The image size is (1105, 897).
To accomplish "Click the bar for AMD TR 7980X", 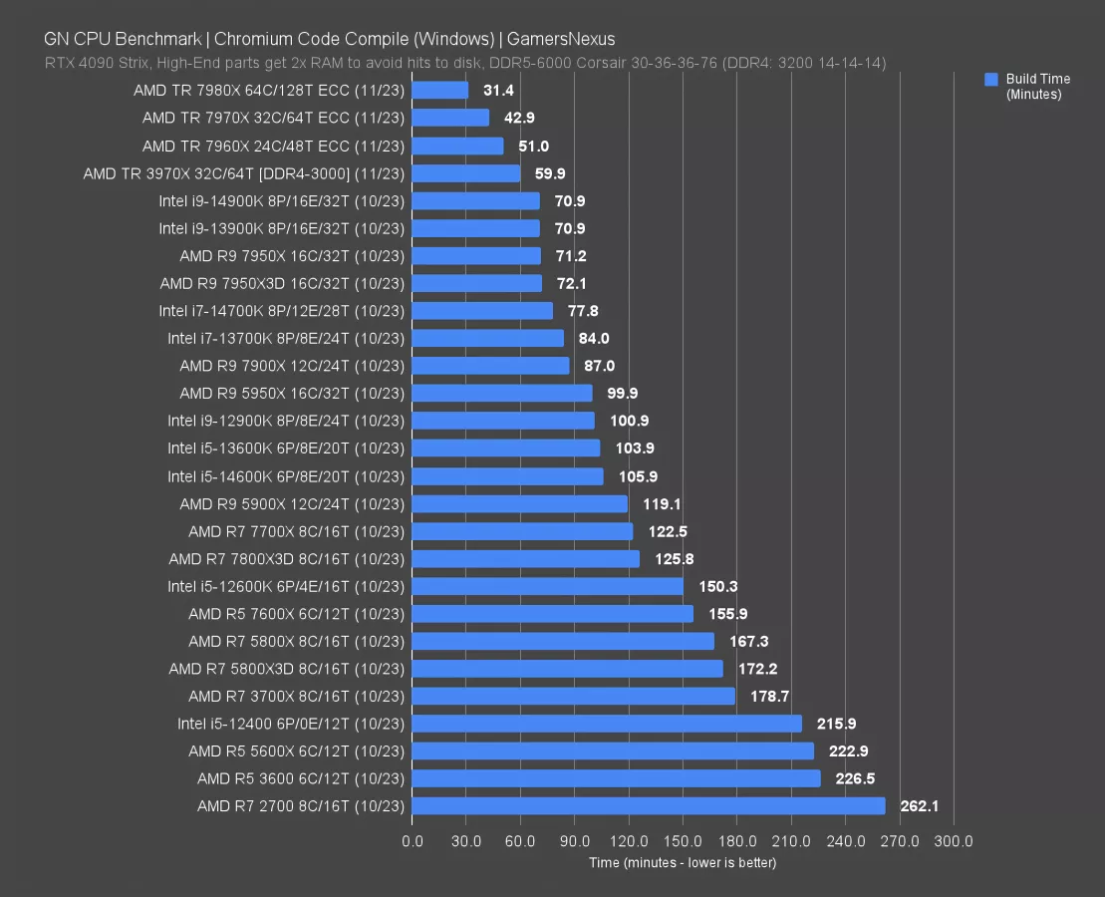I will click(439, 91).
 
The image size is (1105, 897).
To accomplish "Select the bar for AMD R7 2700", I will click(648, 805).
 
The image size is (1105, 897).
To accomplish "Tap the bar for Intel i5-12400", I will click(606, 724).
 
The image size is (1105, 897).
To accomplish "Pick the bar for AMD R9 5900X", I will click(519, 504).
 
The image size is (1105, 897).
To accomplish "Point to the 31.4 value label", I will click(498, 91).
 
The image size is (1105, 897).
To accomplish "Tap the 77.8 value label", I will click(583, 311).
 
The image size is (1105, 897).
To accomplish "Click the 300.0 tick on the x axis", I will click(954, 841).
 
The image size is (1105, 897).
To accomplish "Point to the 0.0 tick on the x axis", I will click(412, 841).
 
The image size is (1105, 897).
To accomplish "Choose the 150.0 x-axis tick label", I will click(683, 841).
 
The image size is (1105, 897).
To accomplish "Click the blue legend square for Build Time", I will click(990, 79).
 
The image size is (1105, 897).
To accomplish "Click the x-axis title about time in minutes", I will click(682, 862).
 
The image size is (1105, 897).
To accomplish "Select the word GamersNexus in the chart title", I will click(561, 40).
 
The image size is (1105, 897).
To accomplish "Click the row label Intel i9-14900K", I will click(281, 200).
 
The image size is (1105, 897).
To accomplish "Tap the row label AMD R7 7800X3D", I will click(286, 559).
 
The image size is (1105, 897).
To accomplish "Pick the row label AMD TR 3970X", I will click(243, 173).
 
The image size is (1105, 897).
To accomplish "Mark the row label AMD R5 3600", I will click(300, 778).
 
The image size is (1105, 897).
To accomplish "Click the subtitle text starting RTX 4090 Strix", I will click(464, 63).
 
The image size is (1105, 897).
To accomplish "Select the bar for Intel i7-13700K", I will click(487, 339).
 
